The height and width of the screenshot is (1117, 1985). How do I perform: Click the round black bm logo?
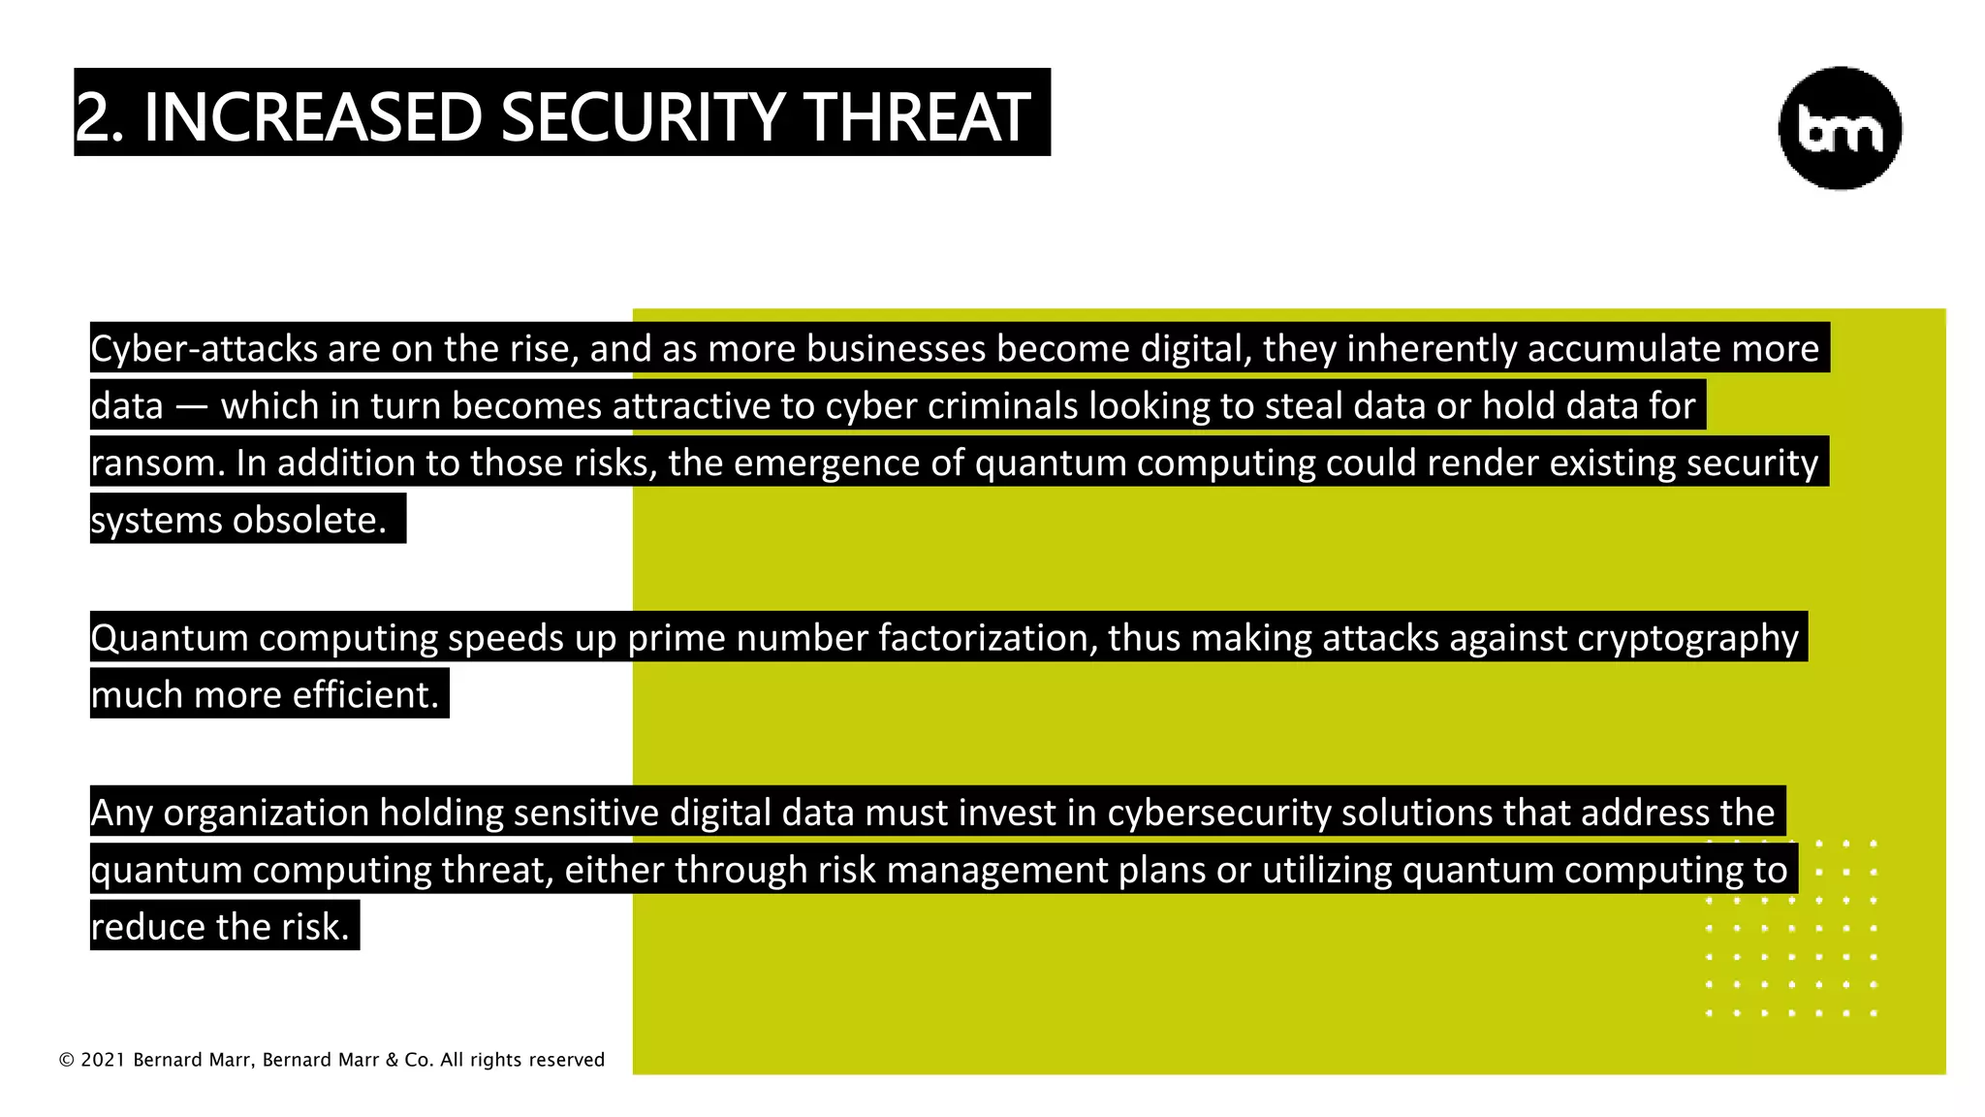pos(1839,128)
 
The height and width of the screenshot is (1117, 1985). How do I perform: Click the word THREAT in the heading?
pos(916,117)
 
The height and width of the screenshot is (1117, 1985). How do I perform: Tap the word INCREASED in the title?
pos(312,117)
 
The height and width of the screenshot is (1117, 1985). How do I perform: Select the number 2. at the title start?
pos(99,117)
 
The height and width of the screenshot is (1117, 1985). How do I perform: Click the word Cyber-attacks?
pos(204,348)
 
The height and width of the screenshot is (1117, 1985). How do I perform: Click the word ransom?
pos(158,463)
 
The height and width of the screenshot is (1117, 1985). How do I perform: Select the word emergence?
pos(827,463)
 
